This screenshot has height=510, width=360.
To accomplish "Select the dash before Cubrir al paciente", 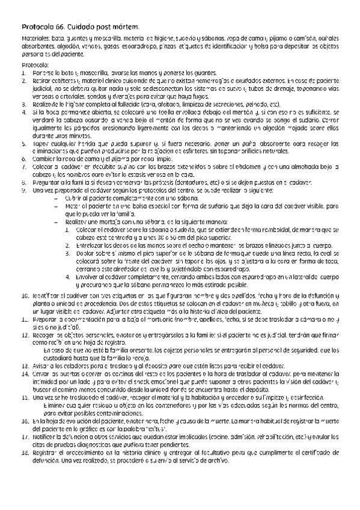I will [56, 197].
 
